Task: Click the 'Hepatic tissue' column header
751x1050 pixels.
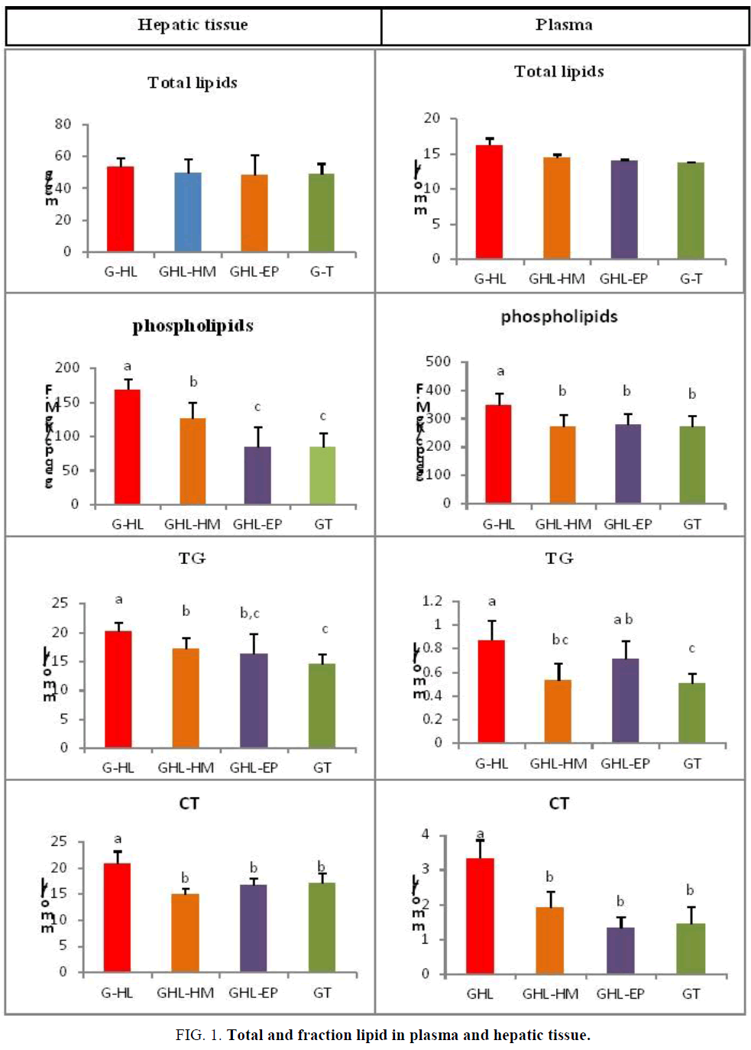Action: coord(193,25)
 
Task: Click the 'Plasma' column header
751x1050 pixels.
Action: coord(564,25)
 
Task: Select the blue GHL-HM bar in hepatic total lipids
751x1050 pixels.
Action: coord(188,212)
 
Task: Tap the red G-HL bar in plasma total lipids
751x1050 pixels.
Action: coord(489,202)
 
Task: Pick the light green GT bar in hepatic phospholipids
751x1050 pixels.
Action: coord(322,475)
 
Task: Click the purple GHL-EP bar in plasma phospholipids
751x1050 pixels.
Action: coord(628,463)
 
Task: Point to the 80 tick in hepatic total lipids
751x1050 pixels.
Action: coord(63,124)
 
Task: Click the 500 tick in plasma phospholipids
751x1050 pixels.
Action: coord(438,361)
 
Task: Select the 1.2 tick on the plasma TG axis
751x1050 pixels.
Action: coord(432,601)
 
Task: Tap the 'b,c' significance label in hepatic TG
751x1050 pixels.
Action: coord(250,613)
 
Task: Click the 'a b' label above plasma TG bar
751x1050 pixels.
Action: coord(623,620)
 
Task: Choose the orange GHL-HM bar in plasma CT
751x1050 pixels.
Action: coord(550,940)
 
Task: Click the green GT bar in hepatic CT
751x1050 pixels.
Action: coord(322,927)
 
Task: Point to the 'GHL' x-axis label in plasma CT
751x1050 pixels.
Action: coord(480,993)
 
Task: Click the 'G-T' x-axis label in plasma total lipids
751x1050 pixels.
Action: coord(691,279)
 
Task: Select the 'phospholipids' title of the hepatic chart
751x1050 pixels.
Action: coord(193,326)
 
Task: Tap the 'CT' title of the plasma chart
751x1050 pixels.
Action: coord(559,803)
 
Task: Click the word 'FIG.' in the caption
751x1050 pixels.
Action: coord(188,1035)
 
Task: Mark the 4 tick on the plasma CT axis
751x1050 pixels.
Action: coord(426,834)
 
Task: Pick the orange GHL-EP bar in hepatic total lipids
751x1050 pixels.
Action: coord(254,212)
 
